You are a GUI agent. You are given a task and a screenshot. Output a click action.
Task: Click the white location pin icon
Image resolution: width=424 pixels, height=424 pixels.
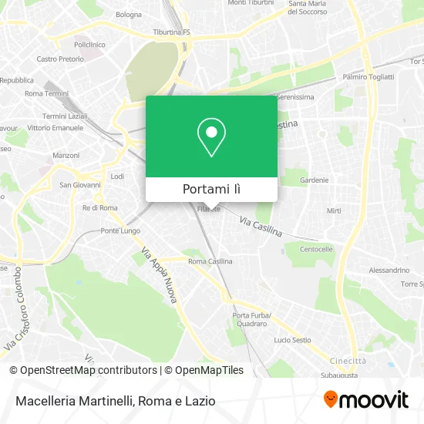211,137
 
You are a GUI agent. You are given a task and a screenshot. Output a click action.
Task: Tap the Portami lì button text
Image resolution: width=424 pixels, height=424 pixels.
211,189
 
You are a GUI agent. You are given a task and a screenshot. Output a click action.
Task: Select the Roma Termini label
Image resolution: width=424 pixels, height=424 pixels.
46,93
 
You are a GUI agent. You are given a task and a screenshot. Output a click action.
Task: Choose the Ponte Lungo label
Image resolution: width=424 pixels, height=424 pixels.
120,231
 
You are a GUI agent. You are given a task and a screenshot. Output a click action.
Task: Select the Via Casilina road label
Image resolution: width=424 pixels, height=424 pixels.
261,226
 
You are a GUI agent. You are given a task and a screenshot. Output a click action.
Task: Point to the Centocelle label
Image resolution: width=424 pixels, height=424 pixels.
316,250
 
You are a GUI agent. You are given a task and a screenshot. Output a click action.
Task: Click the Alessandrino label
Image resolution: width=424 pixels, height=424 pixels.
389,271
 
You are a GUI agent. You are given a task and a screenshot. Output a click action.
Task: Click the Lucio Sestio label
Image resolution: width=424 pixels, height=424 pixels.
292,340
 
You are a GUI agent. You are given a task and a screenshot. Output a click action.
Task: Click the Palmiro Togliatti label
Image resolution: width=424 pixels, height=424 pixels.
368,77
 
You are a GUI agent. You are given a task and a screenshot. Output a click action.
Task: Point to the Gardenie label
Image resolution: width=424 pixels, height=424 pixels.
314,180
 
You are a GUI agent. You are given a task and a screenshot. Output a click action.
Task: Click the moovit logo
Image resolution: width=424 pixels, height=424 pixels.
366,400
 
